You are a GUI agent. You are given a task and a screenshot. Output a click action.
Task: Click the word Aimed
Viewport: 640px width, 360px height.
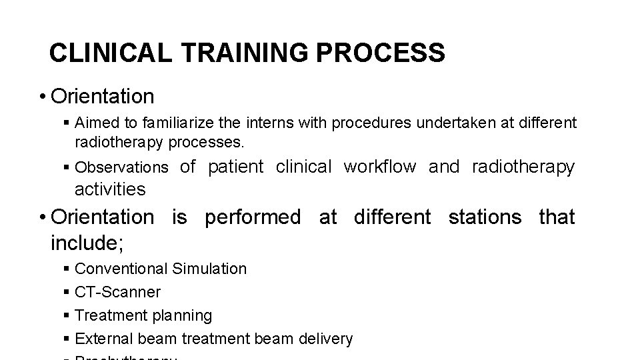pyautogui.click(x=98, y=123)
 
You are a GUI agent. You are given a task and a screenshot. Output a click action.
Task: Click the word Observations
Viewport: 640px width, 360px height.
pyautogui.click(x=122, y=167)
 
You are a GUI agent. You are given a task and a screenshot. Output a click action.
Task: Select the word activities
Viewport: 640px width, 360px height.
pyautogui.click(x=110, y=189)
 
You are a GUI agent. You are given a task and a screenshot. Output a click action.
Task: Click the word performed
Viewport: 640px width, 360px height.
pyautogui.click(x=253, y=217)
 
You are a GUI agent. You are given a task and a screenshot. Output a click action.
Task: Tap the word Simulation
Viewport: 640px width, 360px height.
pyautogui.click(x=209, y=269)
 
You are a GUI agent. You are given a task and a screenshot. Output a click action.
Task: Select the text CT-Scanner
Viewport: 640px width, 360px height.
pyautogui.click(x=118, y=292)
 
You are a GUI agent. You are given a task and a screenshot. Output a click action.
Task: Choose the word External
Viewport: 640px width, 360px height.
pyautogui.click(x=103, y=339)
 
